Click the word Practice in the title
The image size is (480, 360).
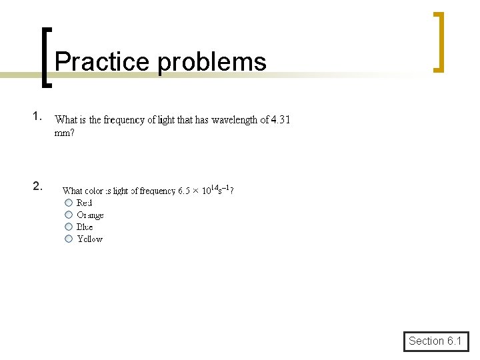pos(103,62)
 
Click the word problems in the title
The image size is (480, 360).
pos(213,62)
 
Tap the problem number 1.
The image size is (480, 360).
pos(37,116)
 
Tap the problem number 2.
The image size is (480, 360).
pos(38,186)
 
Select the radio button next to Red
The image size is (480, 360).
pos(69,203)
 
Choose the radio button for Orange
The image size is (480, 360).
pos(69,215)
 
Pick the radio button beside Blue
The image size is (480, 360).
pos(69,227)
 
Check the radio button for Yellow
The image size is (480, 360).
pos(69,239)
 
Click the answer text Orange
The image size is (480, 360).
pos(91,215)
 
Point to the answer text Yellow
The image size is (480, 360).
pos(90,239)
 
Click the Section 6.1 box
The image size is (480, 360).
pos(435,341)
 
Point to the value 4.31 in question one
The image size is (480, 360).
pos(281,120)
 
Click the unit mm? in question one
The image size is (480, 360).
pos(64,133)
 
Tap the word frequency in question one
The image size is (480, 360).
pos(125,120)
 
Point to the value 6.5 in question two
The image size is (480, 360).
pos(185,191)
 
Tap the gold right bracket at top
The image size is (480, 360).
pos(438,41)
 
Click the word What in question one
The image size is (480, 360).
pos(66,120)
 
